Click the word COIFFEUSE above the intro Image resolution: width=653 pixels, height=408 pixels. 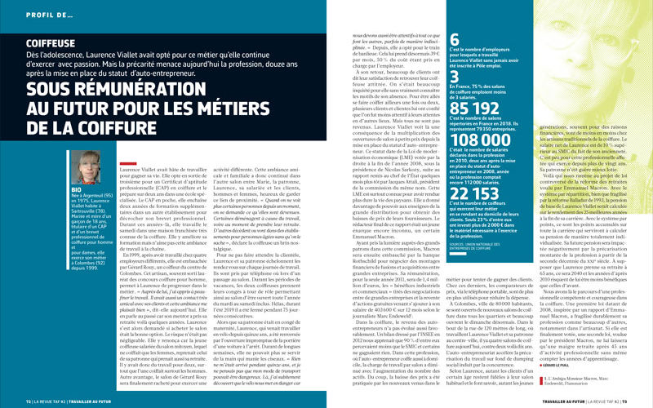click(x=51, y=42)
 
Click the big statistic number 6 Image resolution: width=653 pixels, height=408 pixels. click(x=454, y=38)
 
